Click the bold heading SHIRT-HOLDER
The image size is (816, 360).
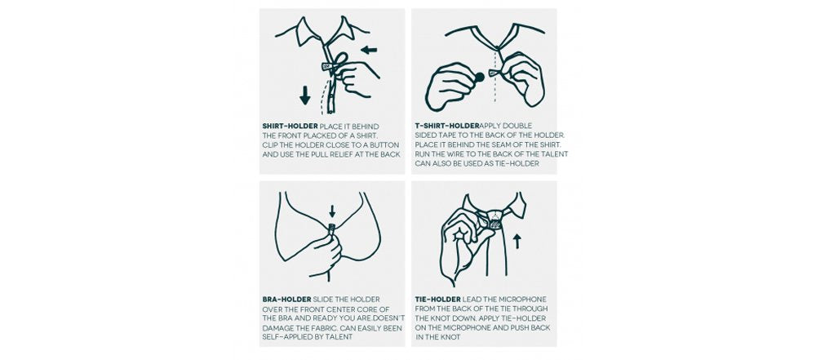click(290, 127)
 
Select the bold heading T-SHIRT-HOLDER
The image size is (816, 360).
click(447, 126)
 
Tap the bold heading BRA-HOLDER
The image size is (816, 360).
click(286, 300)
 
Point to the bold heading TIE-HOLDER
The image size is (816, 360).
click(437, 300)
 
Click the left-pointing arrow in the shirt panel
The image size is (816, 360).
click(369, 50)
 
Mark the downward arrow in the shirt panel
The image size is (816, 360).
click(305, 96)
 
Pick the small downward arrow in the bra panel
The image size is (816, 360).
click(333, 211)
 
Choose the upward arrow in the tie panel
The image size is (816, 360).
click(517, 241)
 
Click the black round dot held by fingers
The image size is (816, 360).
click(479, 78)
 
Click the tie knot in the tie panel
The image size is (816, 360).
click(491, 218)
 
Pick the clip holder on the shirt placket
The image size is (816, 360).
click(327, 67)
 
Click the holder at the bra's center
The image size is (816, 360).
click(332, 228)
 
